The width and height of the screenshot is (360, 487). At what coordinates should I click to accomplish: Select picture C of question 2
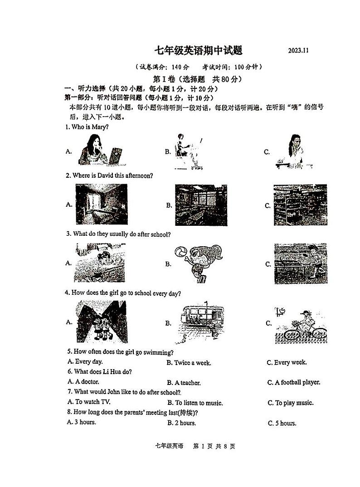pyautogui.click(x=300, y=205)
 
